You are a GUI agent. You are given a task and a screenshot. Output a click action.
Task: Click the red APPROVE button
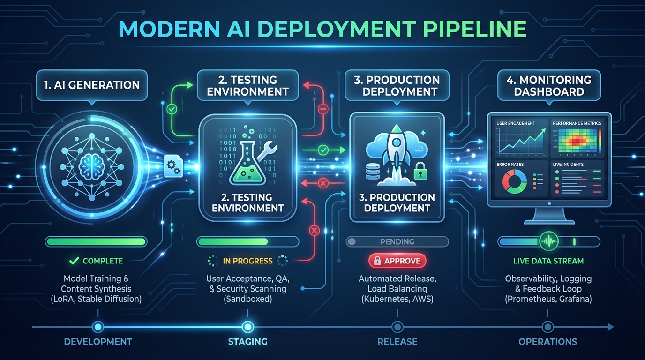click(x=397, y=261)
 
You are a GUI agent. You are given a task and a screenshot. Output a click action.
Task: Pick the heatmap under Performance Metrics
click(x=577, y=142)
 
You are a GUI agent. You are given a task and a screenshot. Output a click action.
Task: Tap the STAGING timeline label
click(x=247, y=342)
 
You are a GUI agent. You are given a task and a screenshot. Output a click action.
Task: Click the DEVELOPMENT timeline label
click(x=98, y=342)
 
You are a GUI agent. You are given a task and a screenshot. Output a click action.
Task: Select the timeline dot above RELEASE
click(x=397, y=327)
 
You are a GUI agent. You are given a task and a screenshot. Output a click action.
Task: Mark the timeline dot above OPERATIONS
click(x=547, y=327)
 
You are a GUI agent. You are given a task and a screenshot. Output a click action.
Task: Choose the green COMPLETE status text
click(x=102, y=261)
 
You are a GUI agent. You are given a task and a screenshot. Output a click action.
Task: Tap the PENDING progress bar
click(x=397, y=242)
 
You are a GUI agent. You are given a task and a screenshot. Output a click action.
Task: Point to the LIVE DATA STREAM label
click(x=548, y=261)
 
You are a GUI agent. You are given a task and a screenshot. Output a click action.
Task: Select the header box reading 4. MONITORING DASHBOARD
click(x=548, y=85)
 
